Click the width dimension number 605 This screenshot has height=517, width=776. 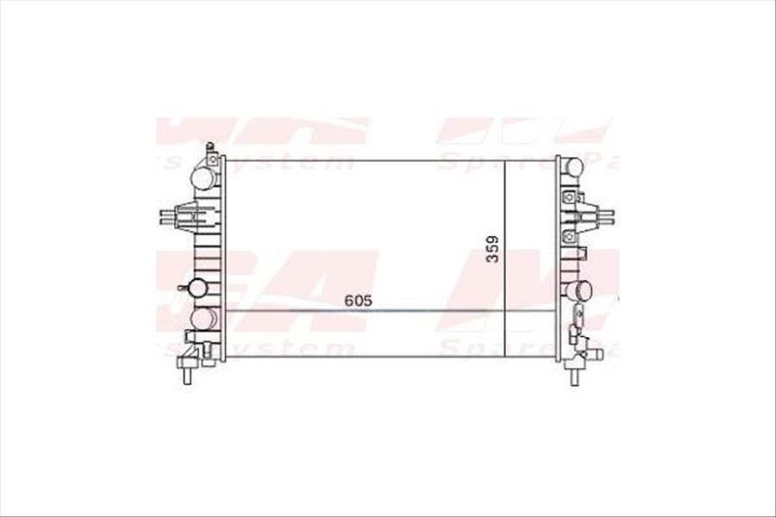click(357, 300)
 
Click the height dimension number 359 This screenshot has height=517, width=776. click(492, 249)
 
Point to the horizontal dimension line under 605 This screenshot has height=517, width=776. click(388, 311)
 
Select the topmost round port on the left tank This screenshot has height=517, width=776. click(203, 179)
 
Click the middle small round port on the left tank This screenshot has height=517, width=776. click(197, 288)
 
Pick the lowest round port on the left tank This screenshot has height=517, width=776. click(203, 318)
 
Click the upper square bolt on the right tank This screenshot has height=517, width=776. click(568, 196)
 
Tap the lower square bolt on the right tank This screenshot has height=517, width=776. click(568, 236)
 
